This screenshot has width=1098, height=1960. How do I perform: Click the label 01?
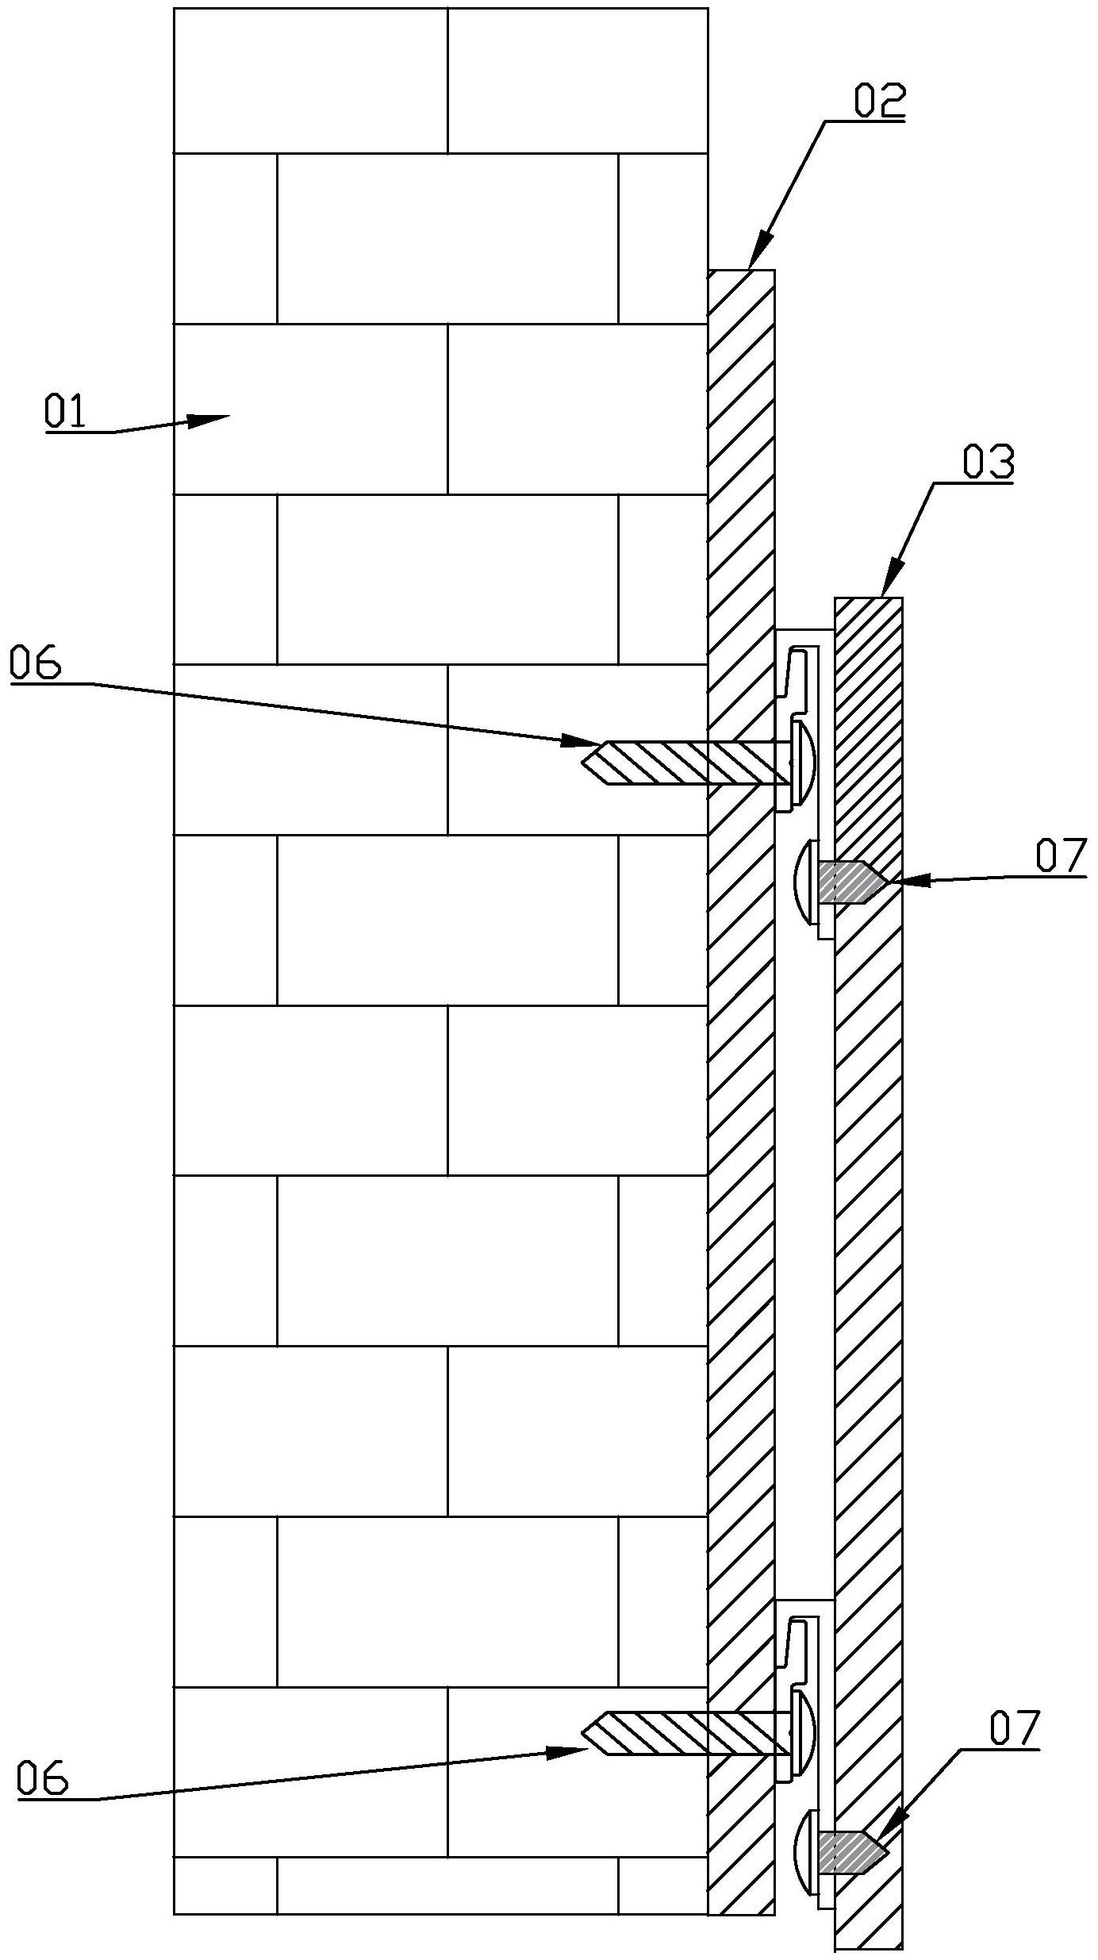(65, 413)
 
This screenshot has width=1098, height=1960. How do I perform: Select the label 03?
(988, 463)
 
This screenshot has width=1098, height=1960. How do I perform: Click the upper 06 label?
(36, 663)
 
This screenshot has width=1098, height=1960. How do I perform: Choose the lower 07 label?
(1013, 1730)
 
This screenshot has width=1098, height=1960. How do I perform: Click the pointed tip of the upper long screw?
(585, 763)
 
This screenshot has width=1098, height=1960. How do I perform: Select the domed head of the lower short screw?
(804, 1850)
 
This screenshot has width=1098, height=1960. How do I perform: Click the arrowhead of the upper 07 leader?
(901, 881)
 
